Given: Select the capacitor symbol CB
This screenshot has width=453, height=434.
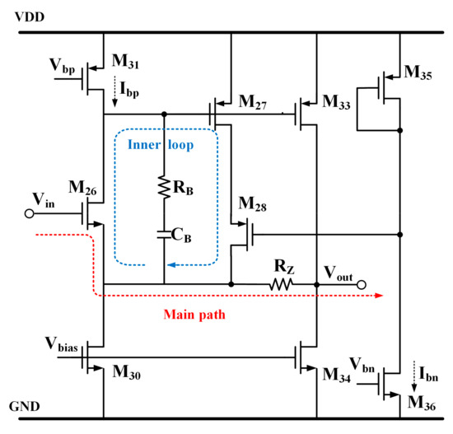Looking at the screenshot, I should click(x=164, y=235).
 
